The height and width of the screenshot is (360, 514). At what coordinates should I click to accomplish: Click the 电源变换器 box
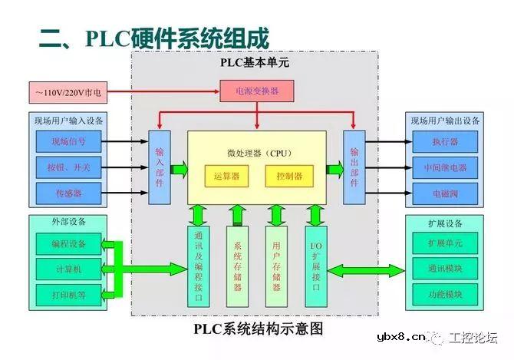pos(256,91)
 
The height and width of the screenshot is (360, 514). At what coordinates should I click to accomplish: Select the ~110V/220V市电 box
pos(68,93)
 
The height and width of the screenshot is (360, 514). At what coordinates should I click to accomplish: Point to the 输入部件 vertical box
pos(159,168)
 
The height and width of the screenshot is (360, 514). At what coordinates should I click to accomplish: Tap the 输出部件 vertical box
pos(354,168)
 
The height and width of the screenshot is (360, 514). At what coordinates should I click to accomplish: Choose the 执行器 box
pos(445,141)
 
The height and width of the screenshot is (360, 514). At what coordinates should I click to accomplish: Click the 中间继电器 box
pos(445,167)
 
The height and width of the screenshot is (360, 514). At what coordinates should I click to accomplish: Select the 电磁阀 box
pos(445,192)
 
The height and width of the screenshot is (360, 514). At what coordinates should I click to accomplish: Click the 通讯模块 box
pos(445,269)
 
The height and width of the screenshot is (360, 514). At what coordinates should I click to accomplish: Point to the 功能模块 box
pos(445,294)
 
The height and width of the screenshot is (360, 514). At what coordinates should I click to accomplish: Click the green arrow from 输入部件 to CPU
pos(178,168)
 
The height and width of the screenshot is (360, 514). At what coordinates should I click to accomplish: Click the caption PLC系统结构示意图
pos(258,329)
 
